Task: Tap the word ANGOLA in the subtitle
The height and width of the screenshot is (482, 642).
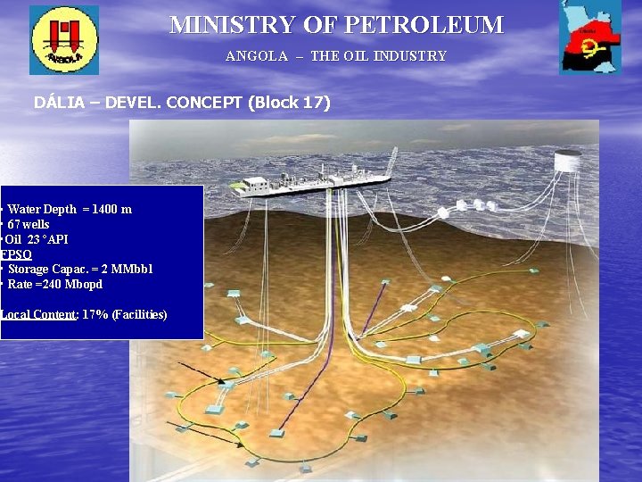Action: coord(257,56)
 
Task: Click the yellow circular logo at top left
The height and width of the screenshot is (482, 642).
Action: coord(64,39)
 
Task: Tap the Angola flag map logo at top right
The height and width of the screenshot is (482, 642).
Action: coord(590,37)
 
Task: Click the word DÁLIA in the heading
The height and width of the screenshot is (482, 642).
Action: coord(61,103)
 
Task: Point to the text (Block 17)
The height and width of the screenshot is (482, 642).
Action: coord(291,103)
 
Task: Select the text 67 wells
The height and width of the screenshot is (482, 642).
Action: coord(29,224)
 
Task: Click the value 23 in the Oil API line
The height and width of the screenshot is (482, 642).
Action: coord(34,239)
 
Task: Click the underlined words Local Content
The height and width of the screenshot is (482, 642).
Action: coord(38,315)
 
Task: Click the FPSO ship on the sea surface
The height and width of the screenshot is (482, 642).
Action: coord(317,181)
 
